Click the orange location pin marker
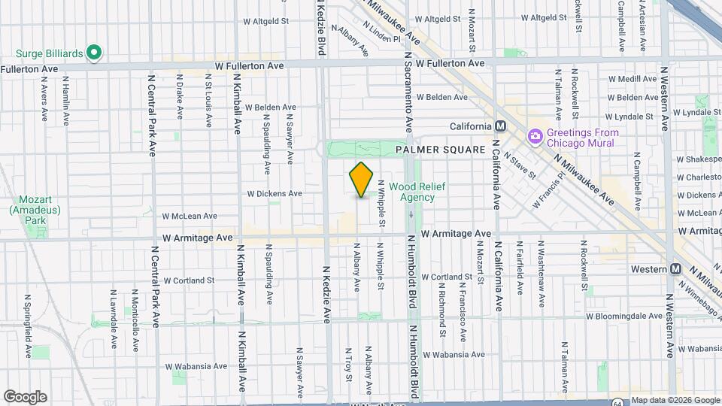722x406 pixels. point(362,180)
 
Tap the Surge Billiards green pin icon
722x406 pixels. point(94,53)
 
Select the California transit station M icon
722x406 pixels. point(500,126)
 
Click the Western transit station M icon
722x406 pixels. point(675,269)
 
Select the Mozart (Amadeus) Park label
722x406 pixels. point(31,211)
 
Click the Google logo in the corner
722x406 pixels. point(25,396)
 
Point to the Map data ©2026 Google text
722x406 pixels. point(675,400)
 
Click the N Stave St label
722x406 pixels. point(520,165)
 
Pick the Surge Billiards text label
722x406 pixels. point(50,53)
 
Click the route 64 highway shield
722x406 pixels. point(617,402)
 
